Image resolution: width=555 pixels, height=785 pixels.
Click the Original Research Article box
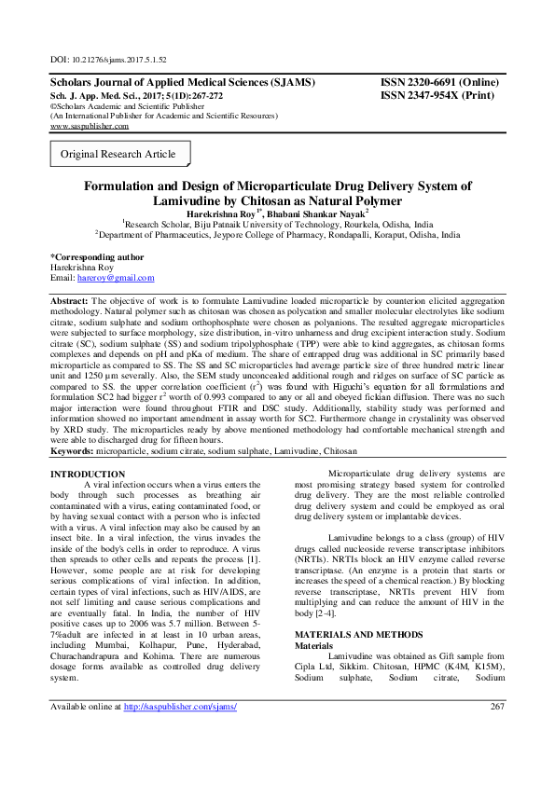[118, 154]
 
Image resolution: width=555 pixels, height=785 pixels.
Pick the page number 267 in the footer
[496, 732]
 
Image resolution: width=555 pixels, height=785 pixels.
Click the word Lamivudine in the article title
[189, 200]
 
